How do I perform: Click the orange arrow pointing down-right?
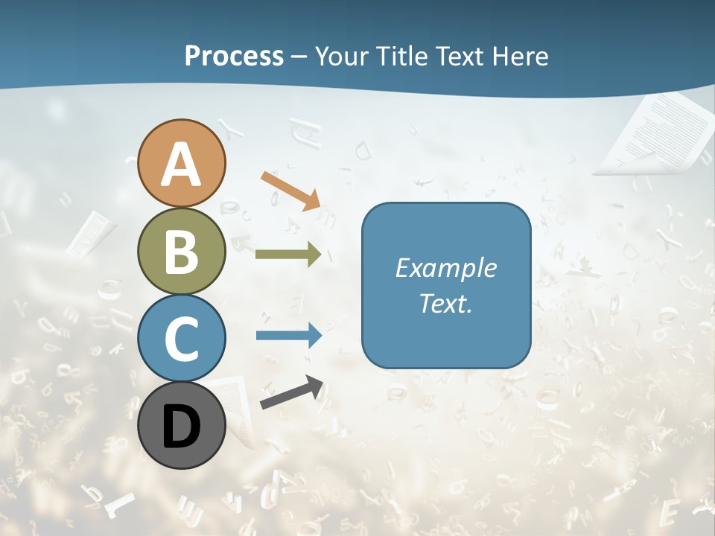click(x=291, y=190)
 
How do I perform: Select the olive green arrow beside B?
click(x=288, y=255)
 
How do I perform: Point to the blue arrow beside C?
click(x=289, y=336)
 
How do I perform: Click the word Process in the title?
click(x=234, y=56)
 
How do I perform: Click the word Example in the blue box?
click(x=445, y=268)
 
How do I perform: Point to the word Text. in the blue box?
click(x=445, y=304)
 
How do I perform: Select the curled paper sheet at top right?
click(x=655, y=134)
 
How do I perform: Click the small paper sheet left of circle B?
click(x=92, y=233)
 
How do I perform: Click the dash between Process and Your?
click(x=299, y=57)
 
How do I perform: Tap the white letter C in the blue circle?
click(x=182, y=339)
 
